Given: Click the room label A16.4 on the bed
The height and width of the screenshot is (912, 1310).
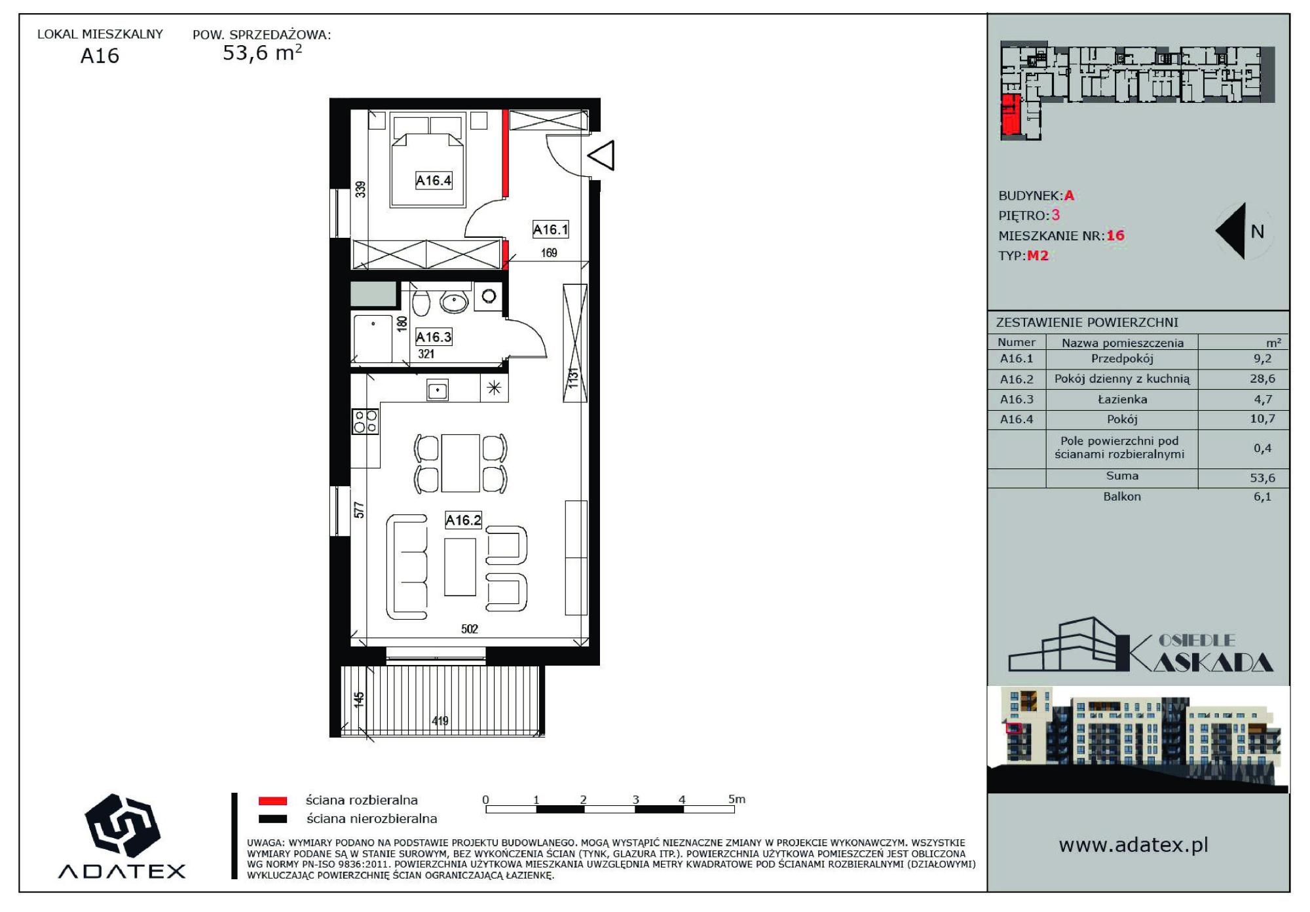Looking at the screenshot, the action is point(434,180).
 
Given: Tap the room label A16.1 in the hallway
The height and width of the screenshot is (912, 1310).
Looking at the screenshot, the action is point(550,229).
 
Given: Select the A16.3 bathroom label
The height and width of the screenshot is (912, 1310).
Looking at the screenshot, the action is point(434,337).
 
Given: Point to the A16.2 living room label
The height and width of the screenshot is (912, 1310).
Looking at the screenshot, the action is point(463,520).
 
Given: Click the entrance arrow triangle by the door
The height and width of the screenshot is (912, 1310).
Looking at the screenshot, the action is point(601,155).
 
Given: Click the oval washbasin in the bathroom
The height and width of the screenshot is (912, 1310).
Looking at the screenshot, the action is point(454,302).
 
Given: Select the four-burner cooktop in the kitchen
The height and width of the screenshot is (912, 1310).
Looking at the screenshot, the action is point(365,421).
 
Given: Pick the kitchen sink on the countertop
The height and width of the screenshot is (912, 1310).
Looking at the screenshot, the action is point(438,390).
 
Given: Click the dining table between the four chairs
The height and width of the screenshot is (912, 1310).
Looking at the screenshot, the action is point(460,463).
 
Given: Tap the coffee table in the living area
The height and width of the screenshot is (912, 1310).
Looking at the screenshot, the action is point(460,567).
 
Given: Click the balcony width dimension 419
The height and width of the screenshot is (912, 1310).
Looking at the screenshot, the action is point(440,721).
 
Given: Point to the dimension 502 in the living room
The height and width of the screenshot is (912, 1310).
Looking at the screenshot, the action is point(470,629).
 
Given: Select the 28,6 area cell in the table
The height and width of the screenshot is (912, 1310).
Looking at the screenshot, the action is point(1262,379).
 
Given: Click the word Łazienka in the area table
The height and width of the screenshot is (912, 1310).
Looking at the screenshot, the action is point(1123,399).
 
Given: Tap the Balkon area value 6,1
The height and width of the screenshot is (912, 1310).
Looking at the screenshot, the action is point(1263,497).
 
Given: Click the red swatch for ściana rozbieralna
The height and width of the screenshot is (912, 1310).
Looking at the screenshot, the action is point(272,801).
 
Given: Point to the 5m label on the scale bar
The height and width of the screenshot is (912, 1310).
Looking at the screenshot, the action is point(737,799).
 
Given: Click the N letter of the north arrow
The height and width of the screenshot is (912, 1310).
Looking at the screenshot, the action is point(1258,231).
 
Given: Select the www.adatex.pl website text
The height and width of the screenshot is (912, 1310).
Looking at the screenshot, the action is point(1134,845).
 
